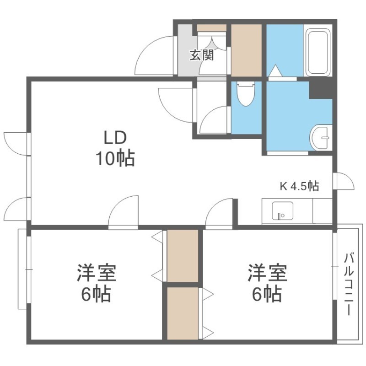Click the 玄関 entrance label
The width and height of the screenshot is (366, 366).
(x=202, y=55)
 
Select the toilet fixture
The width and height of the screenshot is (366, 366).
(x=245, y=94)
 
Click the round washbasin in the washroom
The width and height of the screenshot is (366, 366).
(x=321, y=138)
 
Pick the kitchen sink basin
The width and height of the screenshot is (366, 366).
(x=282, y=210)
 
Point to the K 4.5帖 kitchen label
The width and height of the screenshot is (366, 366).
(x=299, y=186)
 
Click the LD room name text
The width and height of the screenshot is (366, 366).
(x=115, y=138)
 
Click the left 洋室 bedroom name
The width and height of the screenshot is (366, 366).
(x=97, y=273)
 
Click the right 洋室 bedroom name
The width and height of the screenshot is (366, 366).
(x=268, y=273)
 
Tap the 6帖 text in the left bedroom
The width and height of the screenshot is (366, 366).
(x=96, y=294)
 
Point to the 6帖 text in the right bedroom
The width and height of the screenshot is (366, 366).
(x=266, y=294)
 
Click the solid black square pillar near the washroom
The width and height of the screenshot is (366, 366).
(x=321, y=90)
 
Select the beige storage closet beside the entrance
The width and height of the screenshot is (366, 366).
(x=246, y=50)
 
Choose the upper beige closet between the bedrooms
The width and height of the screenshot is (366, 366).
(x=183, y=256)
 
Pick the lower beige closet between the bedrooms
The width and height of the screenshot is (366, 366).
(x=183, y=313)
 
